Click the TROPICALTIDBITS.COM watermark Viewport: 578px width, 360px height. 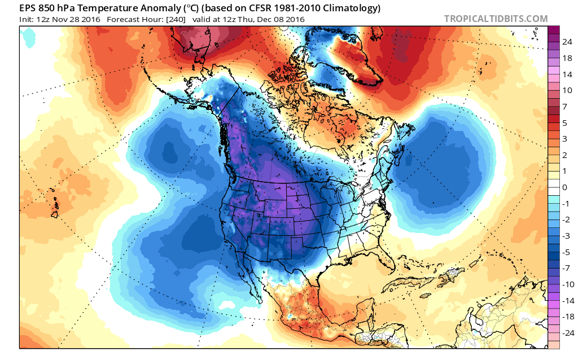tap(496, 19)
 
